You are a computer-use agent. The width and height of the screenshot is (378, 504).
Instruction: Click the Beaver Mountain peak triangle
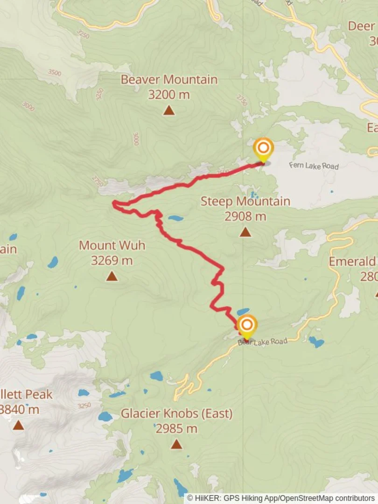(169, 111)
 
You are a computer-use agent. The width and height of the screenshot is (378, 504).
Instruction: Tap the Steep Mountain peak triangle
(245, 232)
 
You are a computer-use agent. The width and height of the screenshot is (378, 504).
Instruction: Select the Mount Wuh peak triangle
(112, 276)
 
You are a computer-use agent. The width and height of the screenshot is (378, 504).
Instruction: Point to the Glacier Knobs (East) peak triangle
(176, 444)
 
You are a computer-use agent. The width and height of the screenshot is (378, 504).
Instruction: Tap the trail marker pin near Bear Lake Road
(246, 325)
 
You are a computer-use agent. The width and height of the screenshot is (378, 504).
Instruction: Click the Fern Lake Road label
(314, 166)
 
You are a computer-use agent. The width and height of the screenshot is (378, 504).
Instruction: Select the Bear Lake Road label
(262, 342)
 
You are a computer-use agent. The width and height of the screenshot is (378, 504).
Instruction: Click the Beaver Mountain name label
(169, 79)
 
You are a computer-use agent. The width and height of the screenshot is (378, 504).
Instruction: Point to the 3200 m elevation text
(169, 94)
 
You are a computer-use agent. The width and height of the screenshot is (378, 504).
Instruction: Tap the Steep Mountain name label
(245, 202)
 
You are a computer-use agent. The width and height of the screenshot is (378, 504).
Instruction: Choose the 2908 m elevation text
(245, 216)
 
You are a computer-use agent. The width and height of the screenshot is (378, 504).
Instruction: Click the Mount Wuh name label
(112, 245)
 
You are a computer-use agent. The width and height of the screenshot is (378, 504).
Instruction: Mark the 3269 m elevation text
(112, 260)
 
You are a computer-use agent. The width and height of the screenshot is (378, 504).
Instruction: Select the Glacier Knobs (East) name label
(176, 413)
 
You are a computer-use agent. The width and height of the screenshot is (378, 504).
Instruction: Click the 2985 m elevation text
(176, 428)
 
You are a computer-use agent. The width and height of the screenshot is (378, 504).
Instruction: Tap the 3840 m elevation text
(20, 410)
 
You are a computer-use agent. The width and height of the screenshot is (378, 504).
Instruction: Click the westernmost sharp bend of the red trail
(113, 203)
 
